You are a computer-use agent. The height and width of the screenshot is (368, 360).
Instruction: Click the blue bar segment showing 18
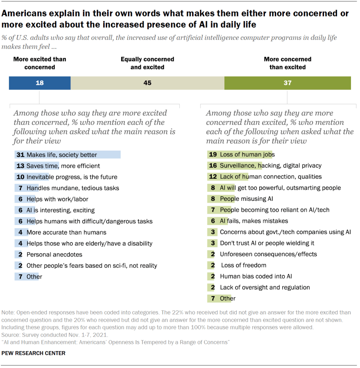(40, 83)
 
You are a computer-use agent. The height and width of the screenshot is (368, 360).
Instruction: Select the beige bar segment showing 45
(147, 83)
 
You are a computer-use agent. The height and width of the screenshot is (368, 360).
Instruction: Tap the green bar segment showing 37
(287, 83)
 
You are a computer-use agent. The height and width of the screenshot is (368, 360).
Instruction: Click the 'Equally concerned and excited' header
(147, 63)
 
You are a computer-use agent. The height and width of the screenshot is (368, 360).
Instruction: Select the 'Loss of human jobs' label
(247, 155)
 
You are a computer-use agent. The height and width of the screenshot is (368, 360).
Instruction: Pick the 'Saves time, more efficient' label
(63, 166)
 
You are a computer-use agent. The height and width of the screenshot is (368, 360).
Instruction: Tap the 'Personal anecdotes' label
(54, 254)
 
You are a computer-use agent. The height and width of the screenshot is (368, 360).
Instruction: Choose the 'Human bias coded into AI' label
(256, 276)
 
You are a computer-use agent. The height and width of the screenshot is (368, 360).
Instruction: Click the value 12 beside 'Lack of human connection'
(213, 177)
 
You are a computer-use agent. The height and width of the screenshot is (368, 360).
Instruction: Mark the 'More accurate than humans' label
(66, 233)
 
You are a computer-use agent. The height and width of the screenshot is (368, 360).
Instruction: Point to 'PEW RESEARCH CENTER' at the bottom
(33, 353)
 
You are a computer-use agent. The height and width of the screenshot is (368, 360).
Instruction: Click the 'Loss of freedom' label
(243, 265)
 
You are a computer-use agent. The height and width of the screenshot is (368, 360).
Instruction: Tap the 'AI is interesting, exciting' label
(60, 210)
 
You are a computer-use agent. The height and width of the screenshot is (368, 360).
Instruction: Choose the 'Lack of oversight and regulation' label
(265, 287)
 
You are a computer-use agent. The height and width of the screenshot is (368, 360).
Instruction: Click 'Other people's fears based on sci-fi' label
(92, 266)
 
